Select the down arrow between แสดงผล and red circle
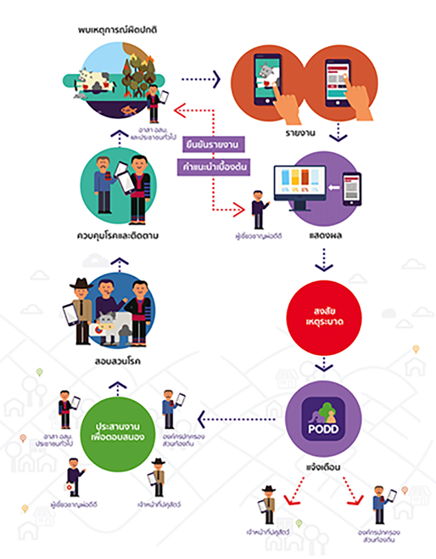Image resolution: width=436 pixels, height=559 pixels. tap(324, 260)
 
